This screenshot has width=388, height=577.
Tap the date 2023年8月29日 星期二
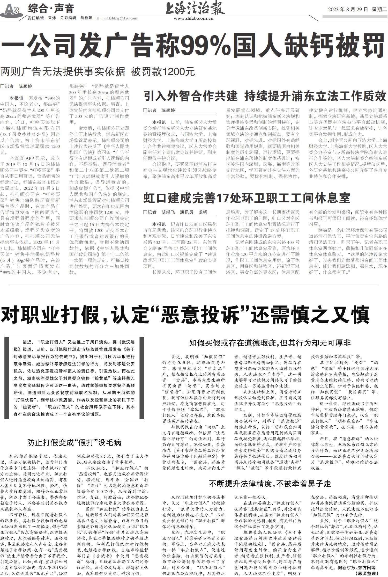(x=358, y=10)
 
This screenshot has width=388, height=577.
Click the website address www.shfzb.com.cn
(x=193, y=18)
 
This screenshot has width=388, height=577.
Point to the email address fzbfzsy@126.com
(x=117, y=18)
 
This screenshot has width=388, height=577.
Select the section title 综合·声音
(x=51, y=9)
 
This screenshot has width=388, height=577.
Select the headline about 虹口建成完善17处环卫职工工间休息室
(x=247, y=198)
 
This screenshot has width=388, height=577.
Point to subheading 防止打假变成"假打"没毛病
(x=74, y=442)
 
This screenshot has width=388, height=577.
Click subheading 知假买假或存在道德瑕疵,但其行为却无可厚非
(x=270, y=343)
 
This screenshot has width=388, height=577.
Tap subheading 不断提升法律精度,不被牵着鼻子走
(x=270, y=483)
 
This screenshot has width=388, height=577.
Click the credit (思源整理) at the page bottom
(x=366, y=574)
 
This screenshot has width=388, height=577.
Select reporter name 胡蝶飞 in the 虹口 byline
(x=168, y=212)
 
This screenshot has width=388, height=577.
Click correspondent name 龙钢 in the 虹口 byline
(x=203, y=212)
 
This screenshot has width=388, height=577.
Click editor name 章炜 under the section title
(x=52, y=18)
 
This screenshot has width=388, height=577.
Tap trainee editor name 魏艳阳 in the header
(x=86, y=18)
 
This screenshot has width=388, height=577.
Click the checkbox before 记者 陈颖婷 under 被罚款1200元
(x=3, y=86)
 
